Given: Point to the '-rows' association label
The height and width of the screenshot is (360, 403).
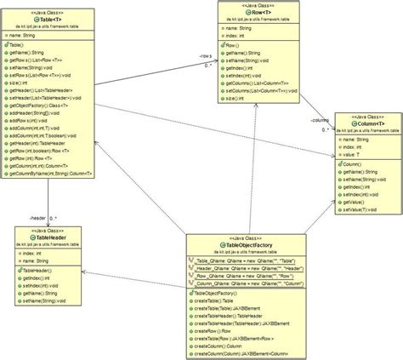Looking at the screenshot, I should [206, 58].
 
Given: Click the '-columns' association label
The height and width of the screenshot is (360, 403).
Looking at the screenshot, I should [321, 121].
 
